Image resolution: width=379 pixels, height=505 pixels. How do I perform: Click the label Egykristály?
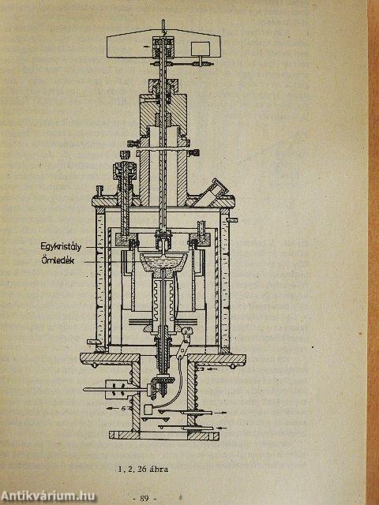point(61,247)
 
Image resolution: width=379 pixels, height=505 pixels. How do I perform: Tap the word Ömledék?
point(58,260)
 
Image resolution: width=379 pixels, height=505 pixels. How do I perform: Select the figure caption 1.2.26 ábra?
point(143,469)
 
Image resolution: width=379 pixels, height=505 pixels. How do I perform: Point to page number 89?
point(144,499)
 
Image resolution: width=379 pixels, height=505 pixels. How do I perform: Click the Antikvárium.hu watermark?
point(47,496)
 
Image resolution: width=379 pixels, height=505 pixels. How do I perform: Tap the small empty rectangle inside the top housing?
point(200,49)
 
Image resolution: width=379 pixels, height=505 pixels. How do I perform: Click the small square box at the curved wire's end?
point(149,410)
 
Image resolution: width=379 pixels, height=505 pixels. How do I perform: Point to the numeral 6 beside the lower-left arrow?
point(123,408)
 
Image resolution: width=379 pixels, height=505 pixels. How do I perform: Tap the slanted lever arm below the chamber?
point(184,343)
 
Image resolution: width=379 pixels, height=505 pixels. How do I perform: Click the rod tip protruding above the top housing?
point(163,23)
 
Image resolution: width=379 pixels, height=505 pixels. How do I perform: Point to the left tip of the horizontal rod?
point(84,390)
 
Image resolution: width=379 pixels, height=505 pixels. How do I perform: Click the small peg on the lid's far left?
point(99,190)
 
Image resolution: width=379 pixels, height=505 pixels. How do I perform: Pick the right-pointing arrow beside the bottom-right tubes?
point(221,412)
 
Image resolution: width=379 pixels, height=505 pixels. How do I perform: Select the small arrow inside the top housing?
point(147,47)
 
